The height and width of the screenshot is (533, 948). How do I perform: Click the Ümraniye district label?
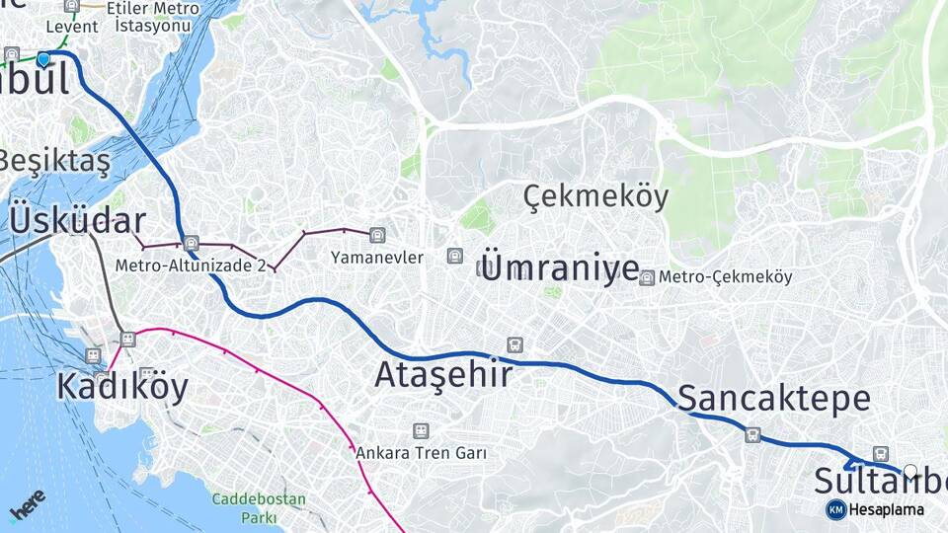click(560, 266)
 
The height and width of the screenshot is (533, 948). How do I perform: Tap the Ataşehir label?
click(443, 374)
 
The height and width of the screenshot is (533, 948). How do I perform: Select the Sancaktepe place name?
click(774, 399)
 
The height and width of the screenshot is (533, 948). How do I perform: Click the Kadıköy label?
click(121, 386)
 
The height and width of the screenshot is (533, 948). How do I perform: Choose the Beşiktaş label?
click(54, 160)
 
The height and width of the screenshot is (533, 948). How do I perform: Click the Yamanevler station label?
click(376, 258)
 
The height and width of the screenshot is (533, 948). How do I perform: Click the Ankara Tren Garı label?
click(422, 453)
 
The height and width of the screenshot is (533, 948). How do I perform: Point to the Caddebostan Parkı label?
click(259, 507)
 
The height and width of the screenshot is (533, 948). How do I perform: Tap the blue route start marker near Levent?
click(43, 59)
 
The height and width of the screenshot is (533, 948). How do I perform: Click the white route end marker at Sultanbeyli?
click(910, 471)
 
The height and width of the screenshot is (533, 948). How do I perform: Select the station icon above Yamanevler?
click(376, 235)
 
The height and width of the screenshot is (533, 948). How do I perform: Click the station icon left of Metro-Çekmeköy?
click(646, 277)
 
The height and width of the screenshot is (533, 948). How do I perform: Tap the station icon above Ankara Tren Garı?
click(422, 431)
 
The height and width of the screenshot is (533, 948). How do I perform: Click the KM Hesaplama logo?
click(875, 509)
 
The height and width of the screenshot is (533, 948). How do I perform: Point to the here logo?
click(27, 504)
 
